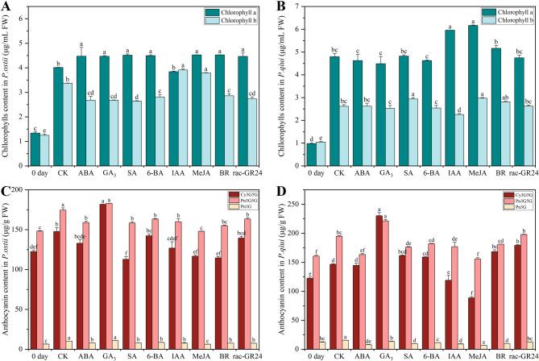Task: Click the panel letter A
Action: [x=6, y=6]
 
